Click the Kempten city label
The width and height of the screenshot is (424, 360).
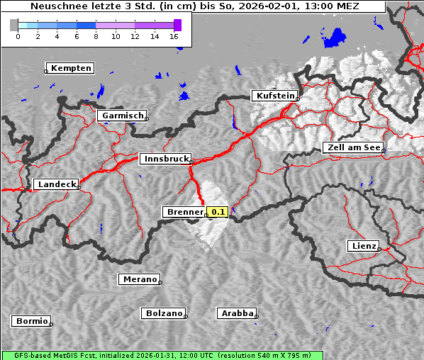tap(69, 68)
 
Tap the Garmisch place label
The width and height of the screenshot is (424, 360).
tap(122, 116)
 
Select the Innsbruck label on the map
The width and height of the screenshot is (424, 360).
tap(165, 159)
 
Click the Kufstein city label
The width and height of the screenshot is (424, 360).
tap(274, 96)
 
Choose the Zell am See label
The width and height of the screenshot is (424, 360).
tap(352, 147)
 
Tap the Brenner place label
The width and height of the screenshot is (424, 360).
tap(184, 212)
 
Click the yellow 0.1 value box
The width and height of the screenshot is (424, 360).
tap(217, 212)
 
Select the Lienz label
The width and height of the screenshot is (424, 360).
tap(363, 246)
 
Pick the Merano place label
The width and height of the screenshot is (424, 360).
tap(139, 279)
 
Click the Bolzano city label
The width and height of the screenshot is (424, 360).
tap(163, 313)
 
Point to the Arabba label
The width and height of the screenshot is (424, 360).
tap(237, 313)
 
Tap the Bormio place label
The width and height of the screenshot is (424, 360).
tap(31, 321)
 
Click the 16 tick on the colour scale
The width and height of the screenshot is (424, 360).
tap(174, 36)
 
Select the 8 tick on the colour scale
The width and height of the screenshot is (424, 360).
tap(96, 36)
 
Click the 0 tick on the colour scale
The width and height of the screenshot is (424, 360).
tap(18, 36)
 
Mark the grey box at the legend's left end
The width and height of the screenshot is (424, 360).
tap(14, 25)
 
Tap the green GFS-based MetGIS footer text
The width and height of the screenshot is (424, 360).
tap(162, 355)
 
